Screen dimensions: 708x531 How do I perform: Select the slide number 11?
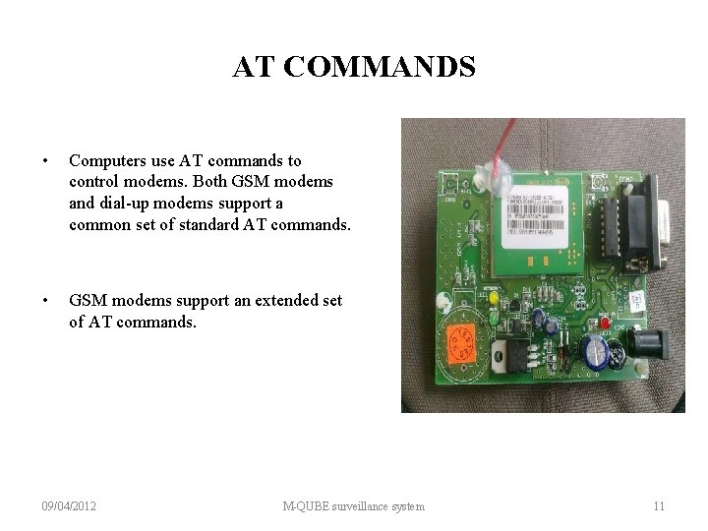click(659, 506)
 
